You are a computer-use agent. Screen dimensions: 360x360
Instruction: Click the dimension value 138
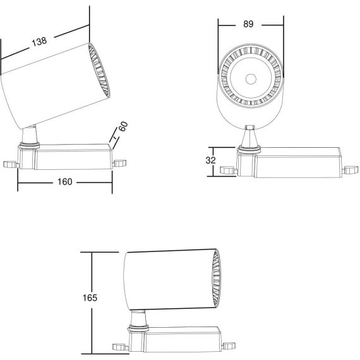[39, 42]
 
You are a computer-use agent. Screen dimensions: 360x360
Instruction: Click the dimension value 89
[248, 24]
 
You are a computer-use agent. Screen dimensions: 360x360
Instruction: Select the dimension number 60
[123, 126]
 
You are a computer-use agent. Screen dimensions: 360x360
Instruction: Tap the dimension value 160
[65, 182]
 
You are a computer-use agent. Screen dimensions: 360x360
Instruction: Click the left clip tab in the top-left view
[9, 164]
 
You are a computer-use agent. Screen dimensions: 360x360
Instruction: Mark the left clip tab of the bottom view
[118, 347]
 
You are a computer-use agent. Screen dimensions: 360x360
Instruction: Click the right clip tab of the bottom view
[228, 345]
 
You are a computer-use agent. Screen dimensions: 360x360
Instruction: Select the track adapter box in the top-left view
[73, 157]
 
